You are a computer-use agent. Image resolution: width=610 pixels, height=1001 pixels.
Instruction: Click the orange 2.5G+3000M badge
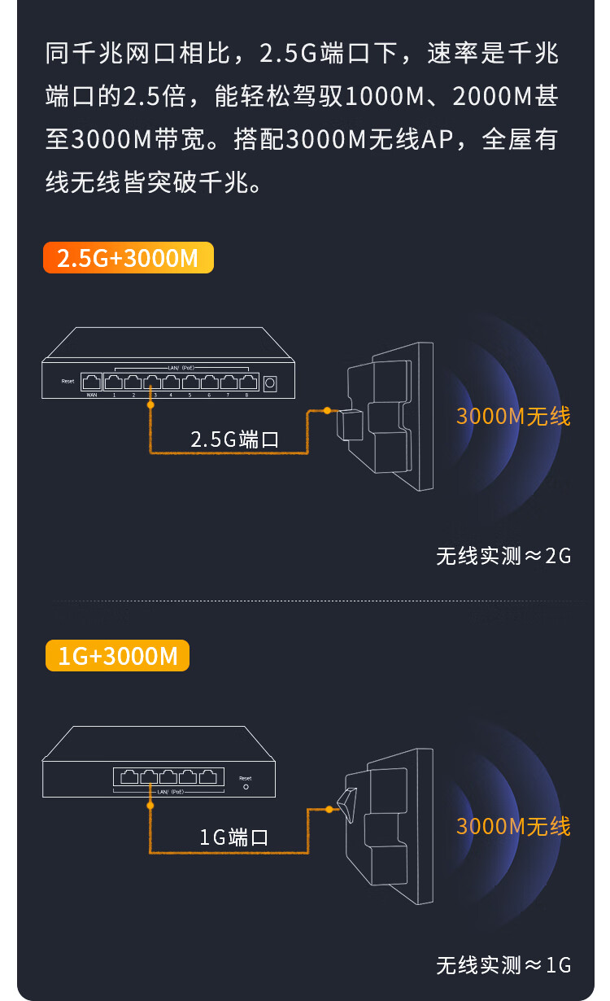tap(128, 257)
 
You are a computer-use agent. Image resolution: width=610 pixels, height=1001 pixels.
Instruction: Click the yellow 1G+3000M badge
tap(117, 656)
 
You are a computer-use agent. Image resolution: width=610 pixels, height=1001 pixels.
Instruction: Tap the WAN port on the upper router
tap(93, 381)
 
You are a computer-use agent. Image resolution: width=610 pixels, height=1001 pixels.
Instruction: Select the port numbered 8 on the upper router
tap(247, 381)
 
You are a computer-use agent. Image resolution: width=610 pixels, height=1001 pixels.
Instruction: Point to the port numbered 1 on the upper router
tap(114, 381)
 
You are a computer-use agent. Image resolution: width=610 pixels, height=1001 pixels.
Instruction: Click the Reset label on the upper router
tap(68, 381)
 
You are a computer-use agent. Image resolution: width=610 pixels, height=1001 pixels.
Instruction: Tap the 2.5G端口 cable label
tap(234, 440)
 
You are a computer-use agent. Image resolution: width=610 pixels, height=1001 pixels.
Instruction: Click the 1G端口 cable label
tap(234, 837)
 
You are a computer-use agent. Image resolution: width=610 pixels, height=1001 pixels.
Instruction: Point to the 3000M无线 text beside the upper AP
tap(513, 417)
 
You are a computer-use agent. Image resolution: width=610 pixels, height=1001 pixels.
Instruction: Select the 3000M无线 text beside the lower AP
tap(513, 827)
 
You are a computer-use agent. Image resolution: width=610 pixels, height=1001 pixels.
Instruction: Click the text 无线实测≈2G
tap(503, 557)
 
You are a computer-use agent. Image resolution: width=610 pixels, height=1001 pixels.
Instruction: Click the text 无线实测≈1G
tap(503, 965)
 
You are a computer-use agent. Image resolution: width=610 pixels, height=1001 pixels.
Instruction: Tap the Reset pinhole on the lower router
tap(246, 787)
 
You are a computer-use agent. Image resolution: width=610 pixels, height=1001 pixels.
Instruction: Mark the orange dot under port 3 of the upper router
tap(150, 404)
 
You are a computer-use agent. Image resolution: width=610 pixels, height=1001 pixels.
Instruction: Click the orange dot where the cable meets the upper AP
tap(327, 410)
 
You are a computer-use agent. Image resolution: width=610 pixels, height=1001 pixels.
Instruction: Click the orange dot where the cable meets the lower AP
tap(329, 809)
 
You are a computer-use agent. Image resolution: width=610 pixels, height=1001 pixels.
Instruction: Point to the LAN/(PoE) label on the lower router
tap(171, 792)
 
